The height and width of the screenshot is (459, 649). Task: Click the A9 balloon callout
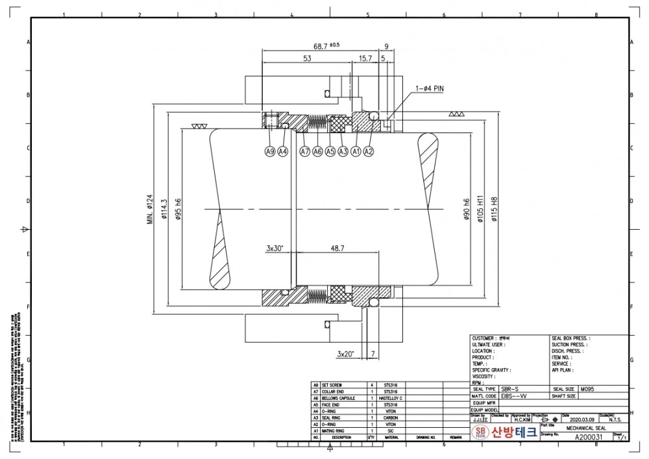[270, 151]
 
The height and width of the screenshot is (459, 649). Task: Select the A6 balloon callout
[317, 151]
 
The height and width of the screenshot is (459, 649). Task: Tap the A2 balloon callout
[369, 151]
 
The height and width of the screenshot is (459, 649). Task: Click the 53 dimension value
[307, 58]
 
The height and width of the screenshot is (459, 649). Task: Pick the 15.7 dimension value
[365, 58]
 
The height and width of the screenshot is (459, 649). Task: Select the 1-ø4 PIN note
[430, 88]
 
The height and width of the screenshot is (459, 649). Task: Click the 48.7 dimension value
[337, 248]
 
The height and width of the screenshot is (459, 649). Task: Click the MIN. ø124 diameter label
[149, 209]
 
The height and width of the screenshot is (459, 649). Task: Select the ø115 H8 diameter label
[494, 209]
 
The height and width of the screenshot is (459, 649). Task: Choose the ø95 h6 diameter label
[177, 209]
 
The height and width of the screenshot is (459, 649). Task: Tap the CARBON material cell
[391, 417]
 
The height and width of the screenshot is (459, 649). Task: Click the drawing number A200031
[589, 438]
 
